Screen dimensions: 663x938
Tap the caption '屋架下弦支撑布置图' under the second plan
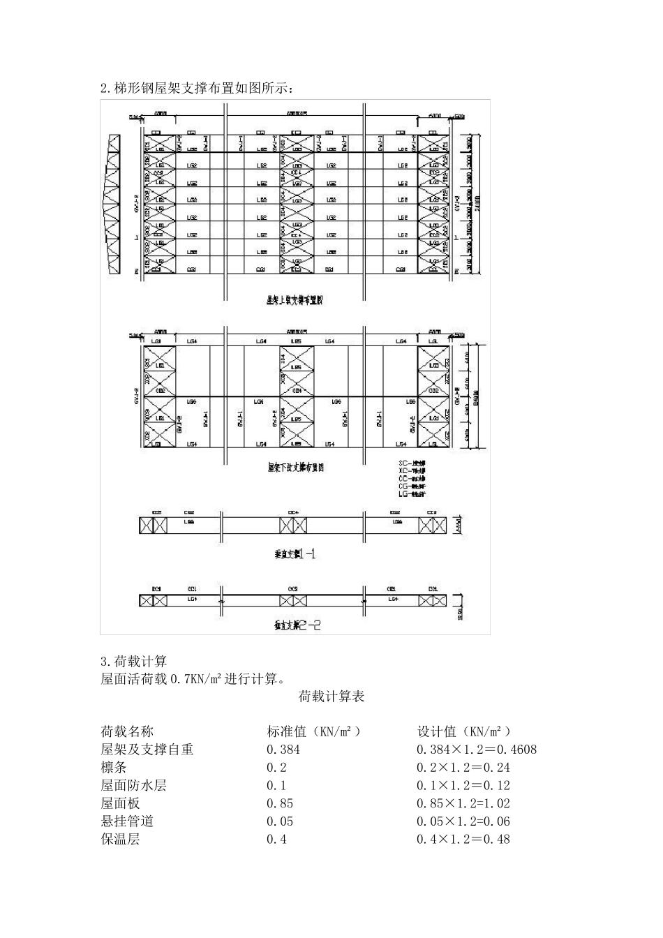pyautogui.click(x=295, y=467)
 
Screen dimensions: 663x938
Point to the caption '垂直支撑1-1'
pyautogui.click(x=295, y=553)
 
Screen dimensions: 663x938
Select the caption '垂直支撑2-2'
pyautogui.click(x=297, y=625)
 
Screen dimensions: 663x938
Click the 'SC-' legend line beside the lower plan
pyautogui.click(x=412, y=463)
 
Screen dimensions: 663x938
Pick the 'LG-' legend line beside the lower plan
pyautogui.click(x=412, y=493)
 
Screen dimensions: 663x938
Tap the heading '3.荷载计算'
pyautogui.click(x=134, y=661)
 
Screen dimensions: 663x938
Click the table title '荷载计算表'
pyautogui.click(x=331, y=696)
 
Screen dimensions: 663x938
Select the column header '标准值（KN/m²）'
pyautogui.click(x=314, y=731)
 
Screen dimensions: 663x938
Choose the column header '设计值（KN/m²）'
pyautogui.click(x=464, y=731)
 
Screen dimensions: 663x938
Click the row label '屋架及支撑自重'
pyautogui.click(x=147, y=750)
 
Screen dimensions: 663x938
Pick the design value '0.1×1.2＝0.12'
pyautogui.click(x=463, y=786)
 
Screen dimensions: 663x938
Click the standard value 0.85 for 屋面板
pyautogui.click(x=280, y=804)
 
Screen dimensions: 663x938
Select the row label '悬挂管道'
pyautogui.click(x=127, y=821)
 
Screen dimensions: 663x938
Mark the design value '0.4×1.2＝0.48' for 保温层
pyautogui.click(x=463, y=840)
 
